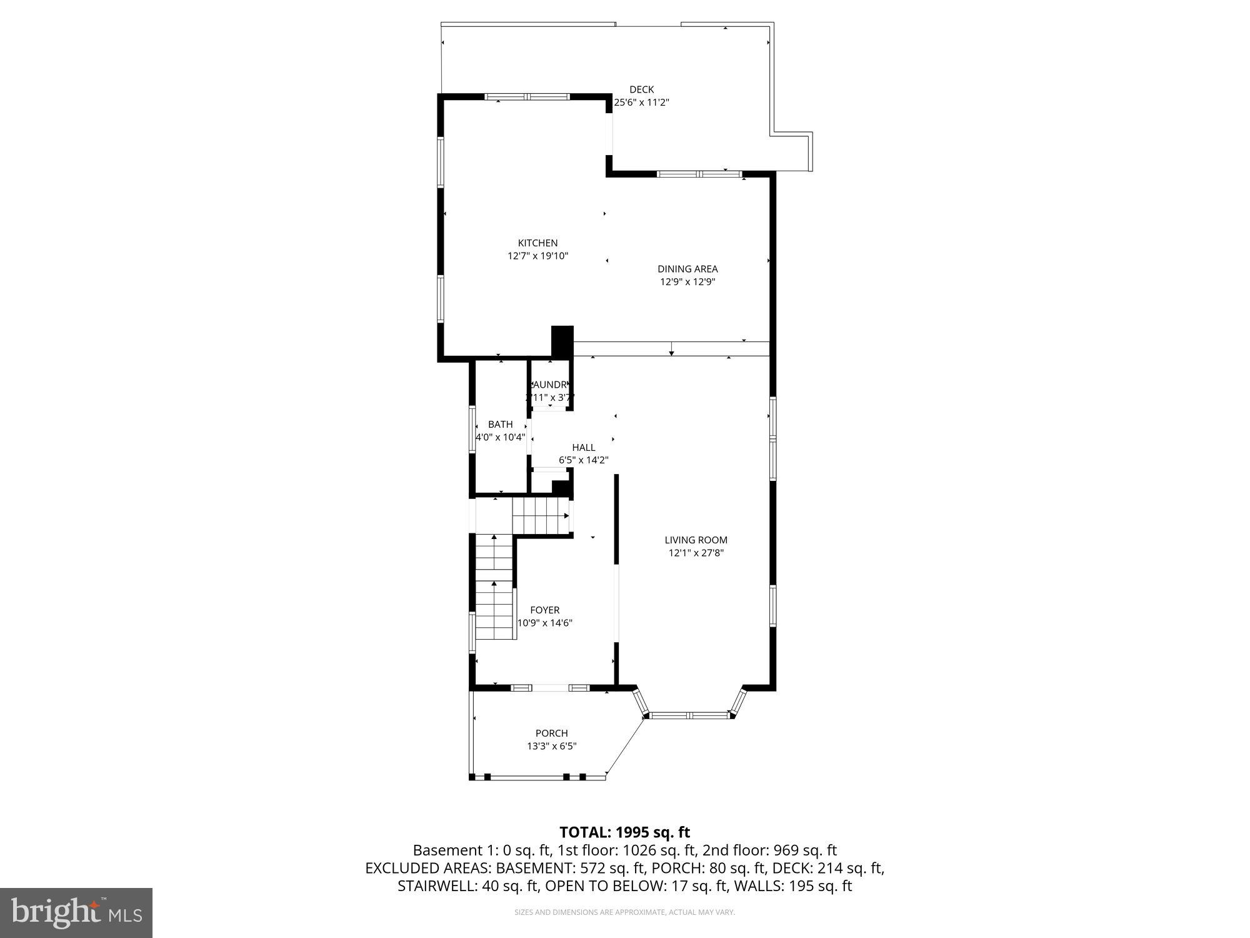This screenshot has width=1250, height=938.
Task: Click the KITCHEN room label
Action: pyautogui.click(x=537, y=243)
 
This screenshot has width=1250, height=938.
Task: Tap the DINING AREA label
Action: pyautogui.click(x=687, y=269)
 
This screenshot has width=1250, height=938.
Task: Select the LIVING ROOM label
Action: pyautogui.click(x=696, y=540)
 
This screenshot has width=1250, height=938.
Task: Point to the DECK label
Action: pyautogui.click(x=641, y=89)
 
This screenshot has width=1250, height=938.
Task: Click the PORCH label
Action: pyautogui.click(x=551, y=733)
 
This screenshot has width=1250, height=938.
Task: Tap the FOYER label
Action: pyautogui.click(x=544, y=610)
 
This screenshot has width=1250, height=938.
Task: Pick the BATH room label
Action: pyautogui.click(x=500, y=424)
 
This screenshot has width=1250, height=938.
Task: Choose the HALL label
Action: pyautogui.click(x=583, y=447)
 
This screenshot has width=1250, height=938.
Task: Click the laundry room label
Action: pyautogui.click(x=549, y=385)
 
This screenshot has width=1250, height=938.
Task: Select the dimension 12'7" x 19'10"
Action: pyautogui.click(x=537, y=256)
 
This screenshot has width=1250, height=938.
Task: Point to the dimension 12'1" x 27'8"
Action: pyautogui.click(x=696, y=553)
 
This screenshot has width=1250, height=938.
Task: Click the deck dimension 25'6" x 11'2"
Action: pyautogui.click(x=641, y=103)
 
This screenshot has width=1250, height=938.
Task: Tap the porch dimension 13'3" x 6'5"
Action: pyautogui.click(x=551, y=746)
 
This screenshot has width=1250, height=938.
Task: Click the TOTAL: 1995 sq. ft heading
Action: pyautogui.click(x=624, y=832)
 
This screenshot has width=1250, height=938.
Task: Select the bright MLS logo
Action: pyautogui.click(x=76, y=912)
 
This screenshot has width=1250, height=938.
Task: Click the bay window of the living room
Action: pyautogui.click(x=689, y=714)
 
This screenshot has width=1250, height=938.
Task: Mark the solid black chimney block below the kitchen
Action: pyautogui.click(x=562, y=341)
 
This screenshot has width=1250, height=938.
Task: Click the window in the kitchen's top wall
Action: pyautogui.click(x=527, y=97)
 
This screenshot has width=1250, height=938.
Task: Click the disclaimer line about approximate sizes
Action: pyautogui.click(x=624, y=912)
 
